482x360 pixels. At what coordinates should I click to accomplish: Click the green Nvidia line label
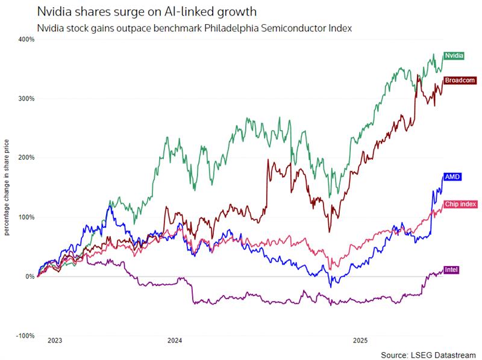pyautogui.click(x=454, y=55)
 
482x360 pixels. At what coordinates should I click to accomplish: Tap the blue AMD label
pyautogui.click(x=452, y=177)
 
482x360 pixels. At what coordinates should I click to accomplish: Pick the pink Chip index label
pyautogui.click(x=460, y=205)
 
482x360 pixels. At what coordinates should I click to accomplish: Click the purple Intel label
pyautogui.click(x=451, y=269)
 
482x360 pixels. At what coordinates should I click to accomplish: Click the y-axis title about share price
pyautogui.click(x=7, y=187)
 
